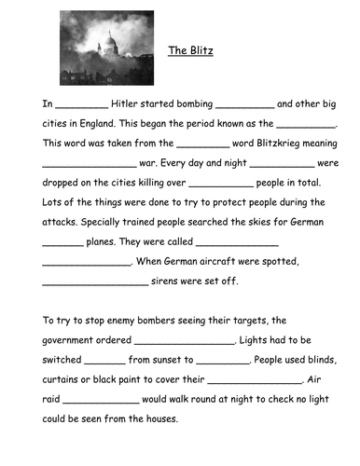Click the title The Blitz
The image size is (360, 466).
point(190,51)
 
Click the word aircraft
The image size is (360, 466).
point(226,264)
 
